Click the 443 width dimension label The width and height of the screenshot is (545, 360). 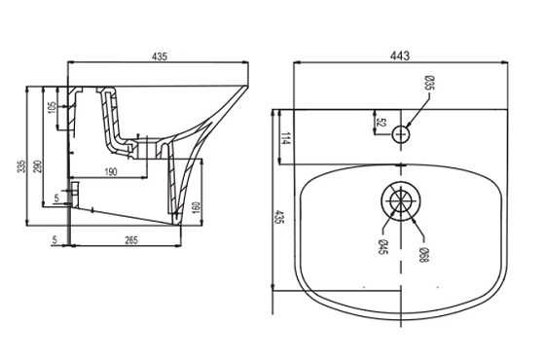coord(400,55)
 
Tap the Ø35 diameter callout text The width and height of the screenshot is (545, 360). coord(429,83)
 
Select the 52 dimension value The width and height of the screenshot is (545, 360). coord(381,123)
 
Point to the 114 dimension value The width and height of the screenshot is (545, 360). coord(285,138)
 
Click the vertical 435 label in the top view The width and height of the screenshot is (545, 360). coord(279,216)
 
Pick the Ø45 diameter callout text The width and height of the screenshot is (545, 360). coord(382,247)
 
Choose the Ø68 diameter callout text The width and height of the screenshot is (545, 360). coord(423,255)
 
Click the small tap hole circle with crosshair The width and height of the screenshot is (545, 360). coord(401,134)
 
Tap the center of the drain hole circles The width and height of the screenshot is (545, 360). coord(401,200)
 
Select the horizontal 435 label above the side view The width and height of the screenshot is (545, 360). coord(160,56)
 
